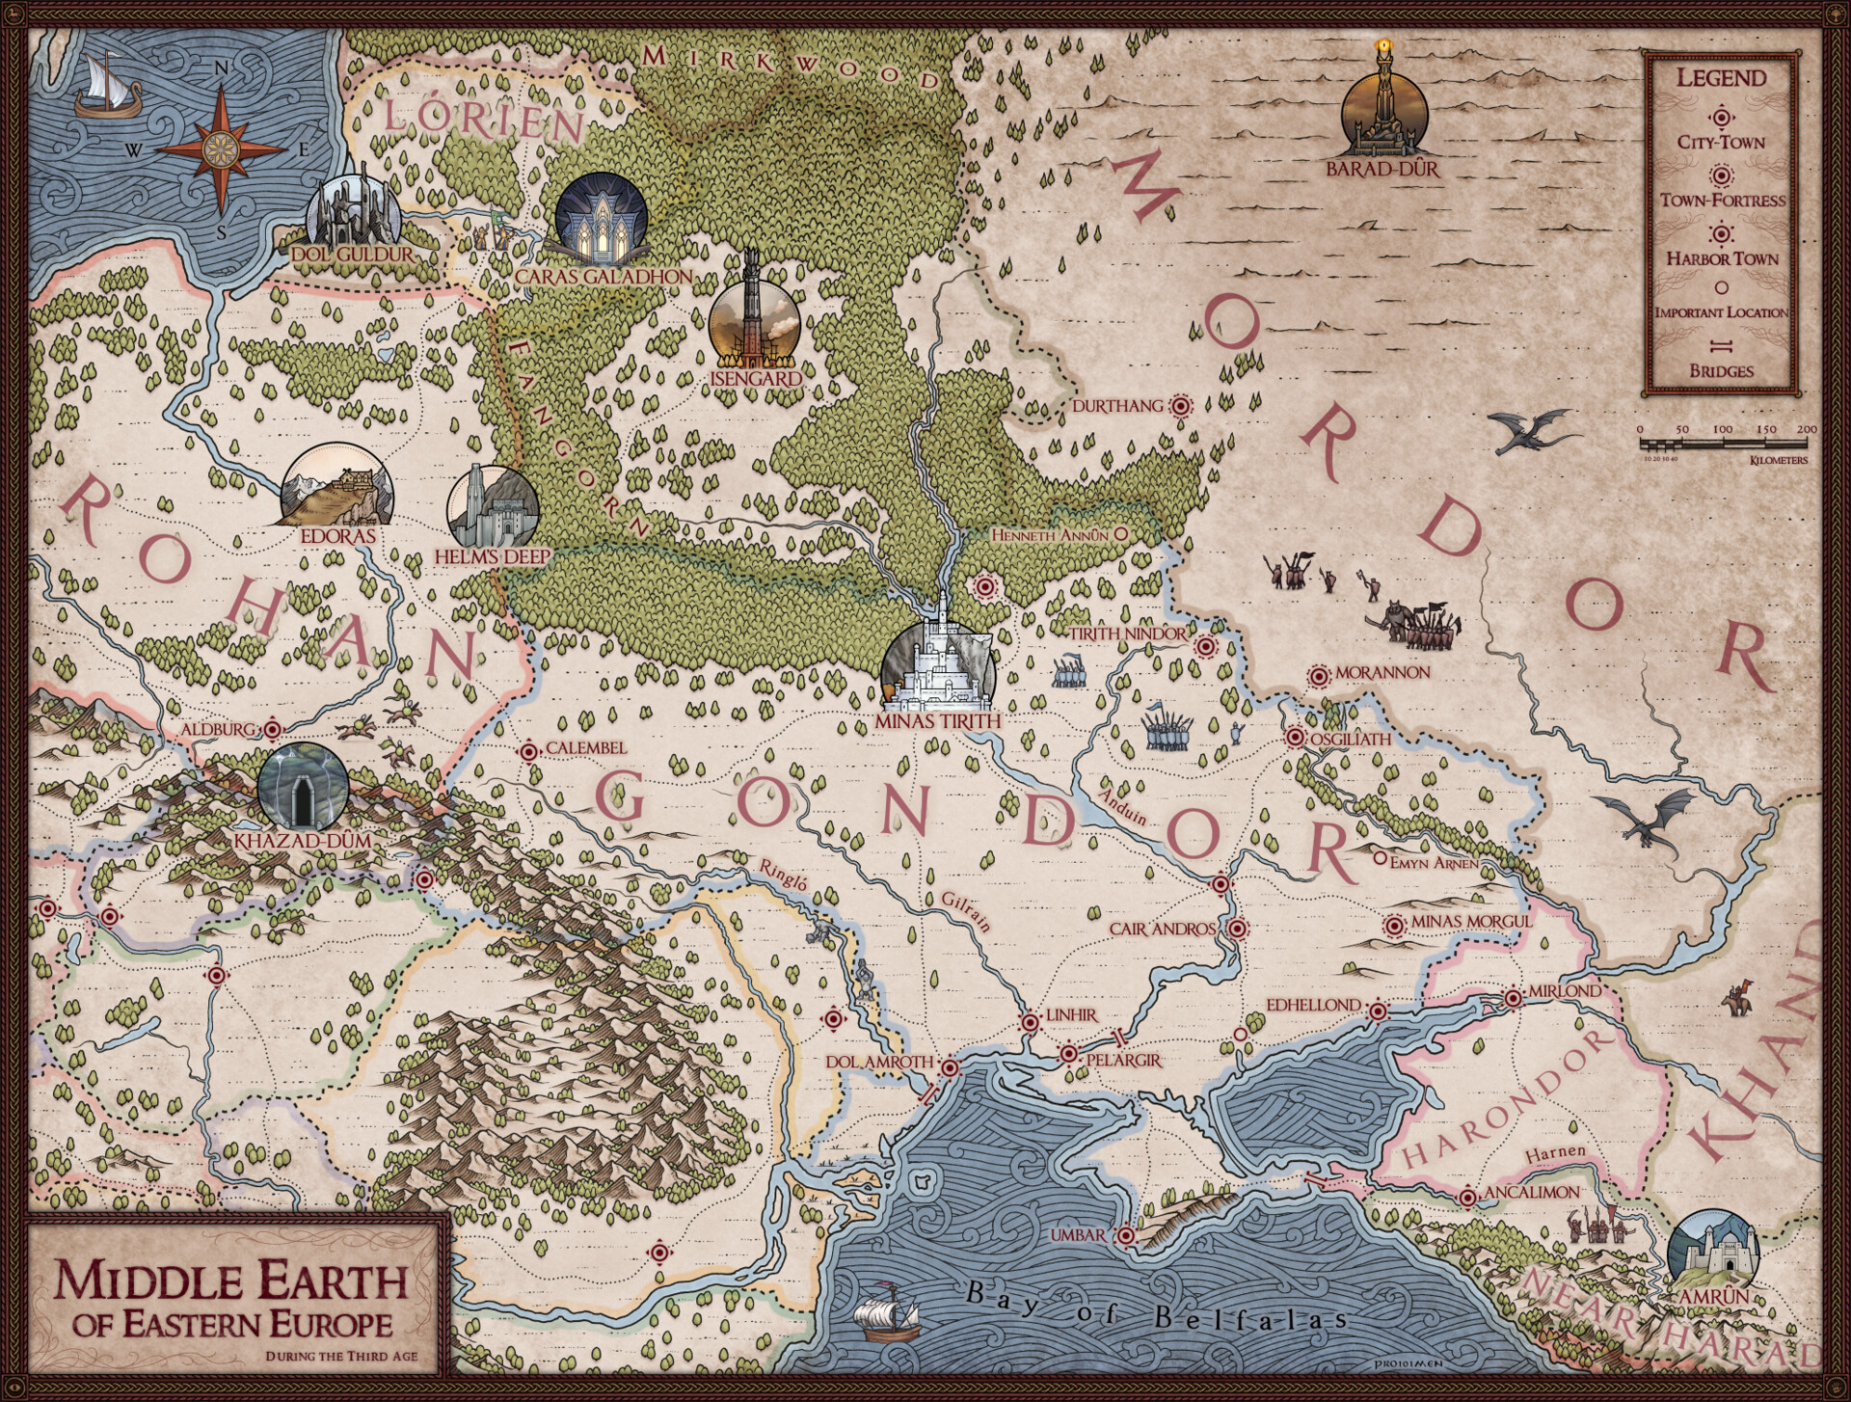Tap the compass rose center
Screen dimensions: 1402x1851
tap(221, 149)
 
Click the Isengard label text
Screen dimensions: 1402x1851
tap(756, 379)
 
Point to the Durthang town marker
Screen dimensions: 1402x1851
tap(1179, 407)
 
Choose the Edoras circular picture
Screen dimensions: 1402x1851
tap(336, 485)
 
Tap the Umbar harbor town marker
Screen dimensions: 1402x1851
tap(1125, 1235)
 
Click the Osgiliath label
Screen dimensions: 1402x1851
tap(1351, 739)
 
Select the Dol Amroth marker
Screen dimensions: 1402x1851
tap(949, 1067)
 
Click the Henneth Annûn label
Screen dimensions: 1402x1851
tap(1051, 534)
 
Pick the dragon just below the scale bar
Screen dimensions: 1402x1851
tap(1533, 431)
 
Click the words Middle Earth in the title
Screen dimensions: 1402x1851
tap(230, 1281)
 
